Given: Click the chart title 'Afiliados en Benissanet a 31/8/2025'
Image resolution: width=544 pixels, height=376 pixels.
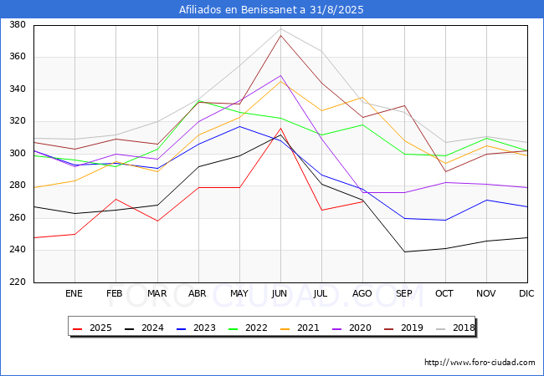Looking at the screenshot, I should pyautogui.click(x=272, y=10).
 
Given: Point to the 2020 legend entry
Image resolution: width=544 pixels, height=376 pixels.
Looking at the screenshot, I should pyautogui.click(x=352, y=328).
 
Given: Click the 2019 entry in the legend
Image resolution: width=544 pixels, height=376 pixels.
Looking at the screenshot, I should pyautogui.click(x=403, y=328).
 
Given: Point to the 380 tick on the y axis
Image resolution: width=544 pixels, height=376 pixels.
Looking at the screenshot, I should pyautogui.click(x=17, y=25).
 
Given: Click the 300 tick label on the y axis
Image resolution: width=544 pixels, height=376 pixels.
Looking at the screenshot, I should pyautogui.click(x=17, y=154).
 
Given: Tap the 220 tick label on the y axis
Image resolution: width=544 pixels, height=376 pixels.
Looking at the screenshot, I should pyautogui.click(x=17, y=282).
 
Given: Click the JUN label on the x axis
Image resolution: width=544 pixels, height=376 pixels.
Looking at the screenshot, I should pyautogui.click(x=280, y=293).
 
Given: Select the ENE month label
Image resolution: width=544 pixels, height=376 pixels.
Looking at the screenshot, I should pyautogui.click(x=74, y=293).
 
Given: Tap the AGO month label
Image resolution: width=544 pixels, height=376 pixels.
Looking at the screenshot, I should pyautogui.click(x=362, y=293).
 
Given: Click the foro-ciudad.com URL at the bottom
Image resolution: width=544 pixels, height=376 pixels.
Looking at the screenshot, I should pyautogui.click(x=480, y=363).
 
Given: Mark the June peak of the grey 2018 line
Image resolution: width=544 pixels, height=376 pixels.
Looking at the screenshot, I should pyautogui.click(x=280, y=29).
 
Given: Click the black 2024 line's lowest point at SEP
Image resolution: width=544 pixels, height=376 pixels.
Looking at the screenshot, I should pyautogui.click(x=404, y=252).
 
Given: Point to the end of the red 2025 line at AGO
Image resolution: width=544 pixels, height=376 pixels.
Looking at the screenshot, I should pyautogui.click(x=362, y=201).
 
